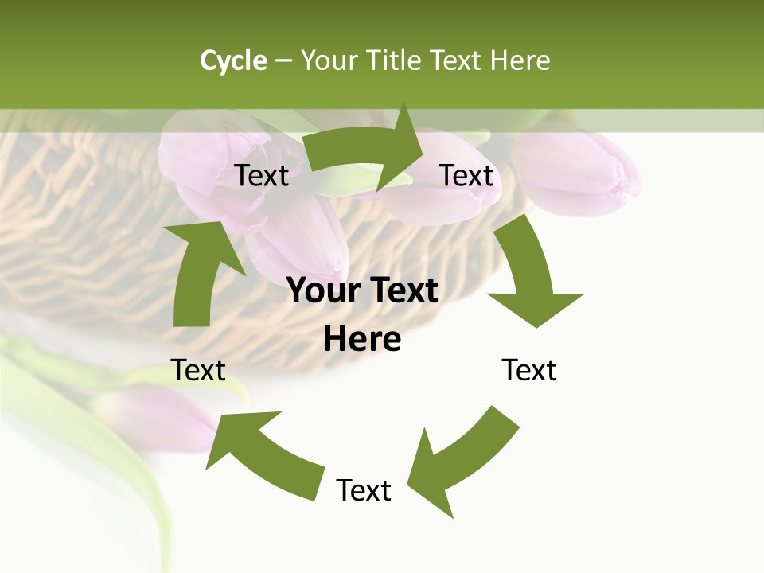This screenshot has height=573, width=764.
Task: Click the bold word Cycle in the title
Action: point(233,60)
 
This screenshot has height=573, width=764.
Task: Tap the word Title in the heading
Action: point(396,60)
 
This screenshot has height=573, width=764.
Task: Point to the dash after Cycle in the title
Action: point(283,61)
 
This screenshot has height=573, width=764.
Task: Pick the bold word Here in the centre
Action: point(362,339)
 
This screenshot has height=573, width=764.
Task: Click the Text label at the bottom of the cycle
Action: point(364,490)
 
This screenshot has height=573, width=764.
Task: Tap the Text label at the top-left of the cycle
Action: point(262,175)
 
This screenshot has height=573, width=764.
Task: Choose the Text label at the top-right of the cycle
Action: point(467,175)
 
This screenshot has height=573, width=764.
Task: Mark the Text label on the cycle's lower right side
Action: point(529,370)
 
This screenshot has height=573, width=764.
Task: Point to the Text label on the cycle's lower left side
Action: point(198,370)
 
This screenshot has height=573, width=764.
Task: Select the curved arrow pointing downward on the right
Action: point(529,275)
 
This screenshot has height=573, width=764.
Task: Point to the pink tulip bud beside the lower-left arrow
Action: point(155,418)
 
